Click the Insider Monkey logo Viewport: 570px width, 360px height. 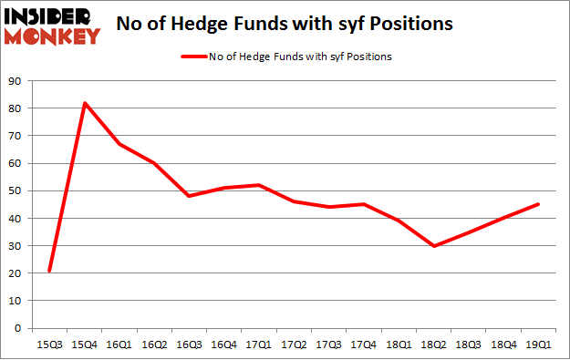[x=51, y=25]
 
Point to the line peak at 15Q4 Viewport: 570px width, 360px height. [x=85, y=103]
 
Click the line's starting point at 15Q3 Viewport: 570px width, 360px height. [x=49, y=271]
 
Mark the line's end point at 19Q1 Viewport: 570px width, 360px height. [x=538, y=204]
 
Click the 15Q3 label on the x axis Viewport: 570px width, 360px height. [x=49, y=344]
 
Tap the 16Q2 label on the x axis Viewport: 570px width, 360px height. [x=154, y=344]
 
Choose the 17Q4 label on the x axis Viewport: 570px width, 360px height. [x=364, y=344]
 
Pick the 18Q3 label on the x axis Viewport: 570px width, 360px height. [x=468, y=344]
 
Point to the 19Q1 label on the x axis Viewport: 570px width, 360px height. [x=538, y=344]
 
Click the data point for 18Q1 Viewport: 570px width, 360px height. [x=399, y=221]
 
